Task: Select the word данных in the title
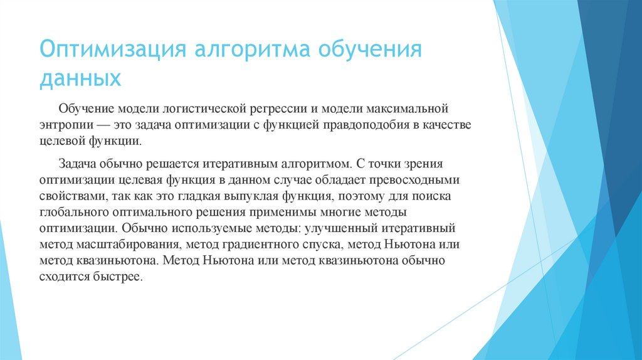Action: click(x=80, y=79)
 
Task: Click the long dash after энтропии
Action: click(x=110, y=125)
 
